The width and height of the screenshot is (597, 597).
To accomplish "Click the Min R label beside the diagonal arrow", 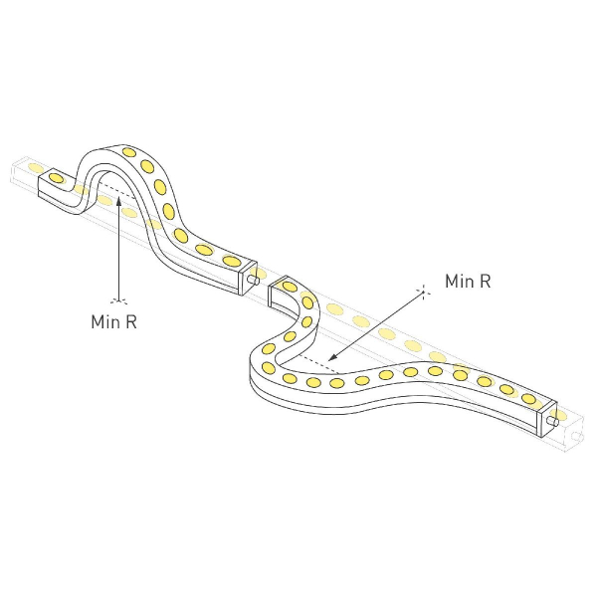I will pyautogui.click(x=468, y=282).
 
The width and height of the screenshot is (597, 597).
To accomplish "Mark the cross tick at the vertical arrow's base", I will pyautogui.click(x=119, y=298).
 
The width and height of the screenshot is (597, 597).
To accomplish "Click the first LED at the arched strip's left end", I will pyautogui.click(x=57, y=177).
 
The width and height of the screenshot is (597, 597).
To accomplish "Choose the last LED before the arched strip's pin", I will pyautogui.click(x=231, y=261).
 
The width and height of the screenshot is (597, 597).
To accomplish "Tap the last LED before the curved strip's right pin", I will pyautogui.click(x=531, y=397).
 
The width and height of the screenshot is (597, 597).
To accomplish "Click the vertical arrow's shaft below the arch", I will pyautogui.click(x=118, y=249).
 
